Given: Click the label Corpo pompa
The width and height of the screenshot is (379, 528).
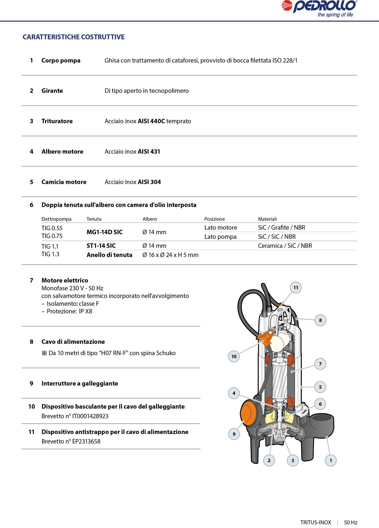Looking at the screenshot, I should click(61, 61).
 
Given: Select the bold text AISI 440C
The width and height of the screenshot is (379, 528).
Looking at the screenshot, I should click(151, 121).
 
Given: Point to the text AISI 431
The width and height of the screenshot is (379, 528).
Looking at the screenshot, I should click(149, 152).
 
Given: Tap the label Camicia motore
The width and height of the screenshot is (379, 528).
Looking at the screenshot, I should click(64, 182).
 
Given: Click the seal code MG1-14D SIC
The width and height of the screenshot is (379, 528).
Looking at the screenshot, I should click(105, 232).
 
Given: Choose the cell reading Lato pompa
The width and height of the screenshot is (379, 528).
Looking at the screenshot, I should click(220, 237).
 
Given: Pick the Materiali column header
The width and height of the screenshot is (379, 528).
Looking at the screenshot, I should click(267, 219).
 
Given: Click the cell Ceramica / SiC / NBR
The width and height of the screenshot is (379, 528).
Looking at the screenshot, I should click(285, 246).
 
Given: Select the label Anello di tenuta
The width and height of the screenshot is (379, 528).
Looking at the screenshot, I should click(109, 255).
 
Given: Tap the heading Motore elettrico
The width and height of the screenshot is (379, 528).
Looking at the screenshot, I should click(65, 280).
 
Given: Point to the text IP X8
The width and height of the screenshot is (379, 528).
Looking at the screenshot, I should click(85, 311).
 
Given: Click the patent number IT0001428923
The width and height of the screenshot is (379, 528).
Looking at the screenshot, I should click(90, 416).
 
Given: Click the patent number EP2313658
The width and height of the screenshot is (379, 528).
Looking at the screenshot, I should click(86, 441).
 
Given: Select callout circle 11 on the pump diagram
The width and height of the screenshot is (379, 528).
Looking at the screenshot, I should click(296, 288).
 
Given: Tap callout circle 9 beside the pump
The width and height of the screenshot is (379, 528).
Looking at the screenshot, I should click(234, 434).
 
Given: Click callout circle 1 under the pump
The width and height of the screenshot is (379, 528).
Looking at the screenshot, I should click(331, 460).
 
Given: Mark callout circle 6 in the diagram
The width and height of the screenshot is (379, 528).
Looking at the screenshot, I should click(320, 404).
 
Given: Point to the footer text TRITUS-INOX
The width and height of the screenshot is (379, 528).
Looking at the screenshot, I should click(316, 522).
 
